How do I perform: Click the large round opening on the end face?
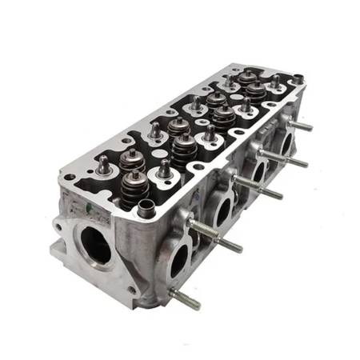[x=95, y=243]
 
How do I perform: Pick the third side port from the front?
[x=258, y=173]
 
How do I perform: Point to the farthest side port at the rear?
[x=285, y=145]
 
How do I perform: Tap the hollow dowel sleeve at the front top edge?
[x=146, y=210]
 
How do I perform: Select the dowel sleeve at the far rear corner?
[x=297, y=80]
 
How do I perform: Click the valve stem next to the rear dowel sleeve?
[x=275, y=81]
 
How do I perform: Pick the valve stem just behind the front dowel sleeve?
[x=164, y=168]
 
